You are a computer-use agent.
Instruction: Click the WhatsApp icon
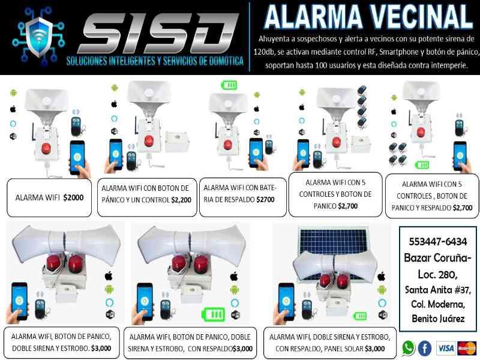pyautogui.click(x=409, y=348)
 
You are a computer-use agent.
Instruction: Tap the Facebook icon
pyautogui.click(x=425, y=349)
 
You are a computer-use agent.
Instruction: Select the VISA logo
pyautogui.click(x=445, y=349)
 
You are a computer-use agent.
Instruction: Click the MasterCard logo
pyautogui.click(x=467, y=349)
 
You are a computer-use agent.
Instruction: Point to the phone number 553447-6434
pyautogui.click(x=438, y=242)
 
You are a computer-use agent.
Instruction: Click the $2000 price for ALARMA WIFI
pyautogui.click(x=73, y=198)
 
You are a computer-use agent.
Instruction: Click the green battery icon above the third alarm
pyautogui.click(x=230, y=85)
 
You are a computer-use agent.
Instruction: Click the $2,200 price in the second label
pyautogui.click(x=181, y=200)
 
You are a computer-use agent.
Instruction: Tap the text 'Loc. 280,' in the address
pyautogui.click(x=437, y=275)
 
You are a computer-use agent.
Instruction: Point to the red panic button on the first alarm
pyautogui.click(x=46, y=148)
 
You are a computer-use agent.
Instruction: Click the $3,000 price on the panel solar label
pyautogui.click(x=374, y=349)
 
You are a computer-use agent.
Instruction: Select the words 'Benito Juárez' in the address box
pyautogui.click(x=438, y=319)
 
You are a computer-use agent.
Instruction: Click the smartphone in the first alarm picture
pyautogui.click(x=77, y=158)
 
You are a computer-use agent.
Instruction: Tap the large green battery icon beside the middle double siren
pyautogui.click(x=214, y=314)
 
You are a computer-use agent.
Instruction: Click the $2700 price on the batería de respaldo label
pyautogui.click(x=265, y=200)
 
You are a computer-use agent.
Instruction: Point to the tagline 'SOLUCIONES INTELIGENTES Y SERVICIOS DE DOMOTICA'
pyautogui.click(x=155, y=61)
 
